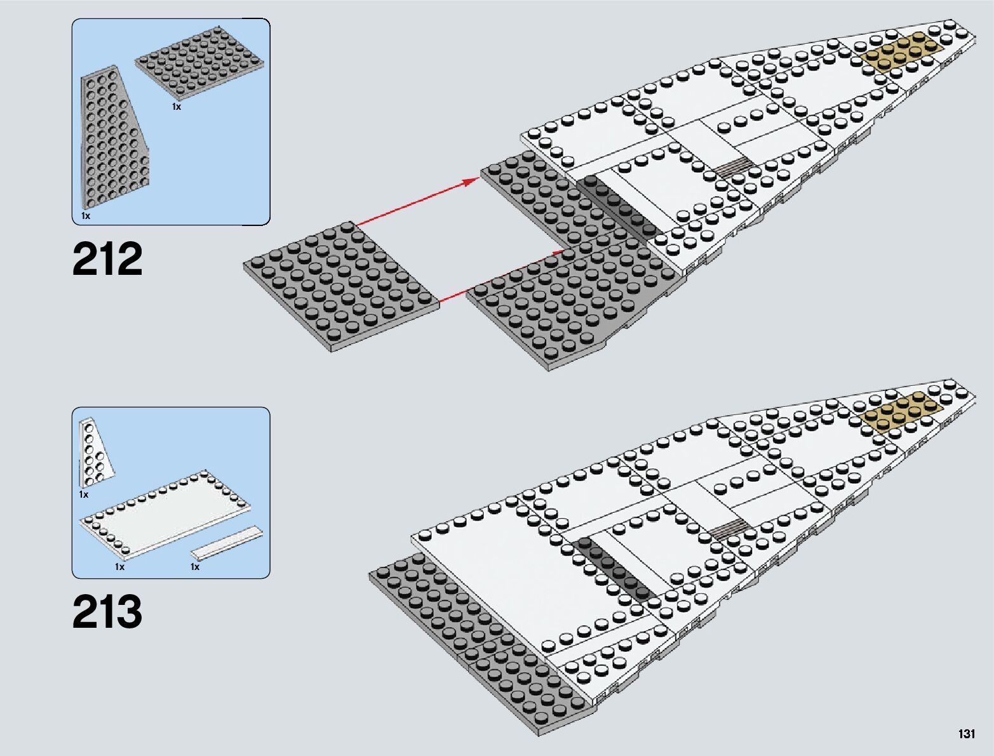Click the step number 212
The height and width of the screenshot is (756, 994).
click(107, 259)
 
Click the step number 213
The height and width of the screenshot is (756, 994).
click(107, 612)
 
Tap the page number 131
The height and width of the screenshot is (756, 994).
click(966, 734)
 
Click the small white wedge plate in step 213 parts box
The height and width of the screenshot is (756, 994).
click(93, 451)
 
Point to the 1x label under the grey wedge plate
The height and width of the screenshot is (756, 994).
click(86, 216)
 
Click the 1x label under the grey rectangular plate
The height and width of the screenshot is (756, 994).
click(177, 107)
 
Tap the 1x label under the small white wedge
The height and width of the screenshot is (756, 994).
click(83, 494)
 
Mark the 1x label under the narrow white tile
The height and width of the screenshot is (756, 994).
click(195, 567)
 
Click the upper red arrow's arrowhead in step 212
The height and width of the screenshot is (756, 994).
click(471, 182)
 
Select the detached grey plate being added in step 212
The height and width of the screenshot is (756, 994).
click(341, 286)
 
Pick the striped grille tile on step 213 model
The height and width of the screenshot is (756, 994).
click(728, 528)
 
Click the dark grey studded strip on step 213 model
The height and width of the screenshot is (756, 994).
click(615, 567)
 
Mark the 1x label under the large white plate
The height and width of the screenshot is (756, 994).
click(119, 567)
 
